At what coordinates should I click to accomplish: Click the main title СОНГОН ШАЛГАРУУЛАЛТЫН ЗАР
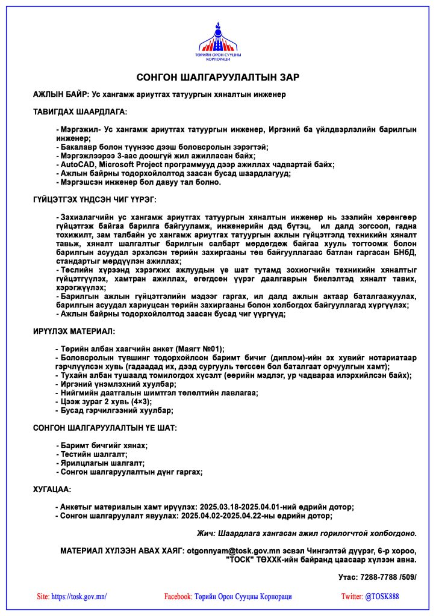(218, 77)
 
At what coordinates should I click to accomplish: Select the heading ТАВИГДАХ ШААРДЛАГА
(80, 112)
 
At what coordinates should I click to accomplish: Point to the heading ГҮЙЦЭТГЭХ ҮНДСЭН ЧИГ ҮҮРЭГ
(95, 199)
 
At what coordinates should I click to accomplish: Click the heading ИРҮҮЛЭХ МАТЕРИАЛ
(74, 331)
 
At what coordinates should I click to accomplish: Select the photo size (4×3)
(141, 401)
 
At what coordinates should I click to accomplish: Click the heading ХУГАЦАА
(52, 490)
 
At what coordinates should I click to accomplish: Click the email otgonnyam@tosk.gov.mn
(230, 550)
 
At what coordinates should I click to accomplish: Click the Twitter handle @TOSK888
(382, 597)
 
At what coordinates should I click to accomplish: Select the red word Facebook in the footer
(178, 597)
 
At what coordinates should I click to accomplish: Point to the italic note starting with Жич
(307, 533)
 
